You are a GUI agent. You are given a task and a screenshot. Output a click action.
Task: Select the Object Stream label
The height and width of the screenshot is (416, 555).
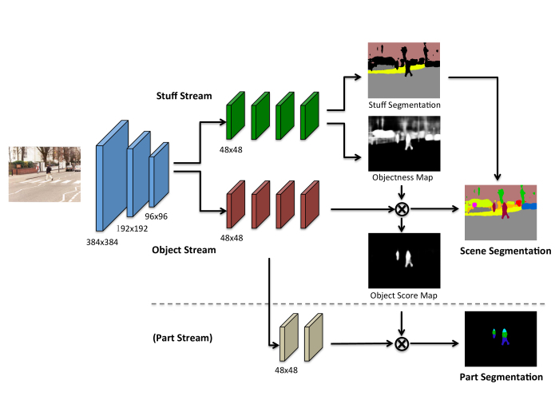184,250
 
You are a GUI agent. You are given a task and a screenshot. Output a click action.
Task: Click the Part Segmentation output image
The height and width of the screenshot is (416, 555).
504,339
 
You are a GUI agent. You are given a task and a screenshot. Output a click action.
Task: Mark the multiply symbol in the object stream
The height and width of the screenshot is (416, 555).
402,211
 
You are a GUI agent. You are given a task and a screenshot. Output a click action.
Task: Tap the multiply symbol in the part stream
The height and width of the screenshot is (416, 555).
402,344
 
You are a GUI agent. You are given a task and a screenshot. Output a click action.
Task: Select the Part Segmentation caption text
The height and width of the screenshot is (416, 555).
503,377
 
